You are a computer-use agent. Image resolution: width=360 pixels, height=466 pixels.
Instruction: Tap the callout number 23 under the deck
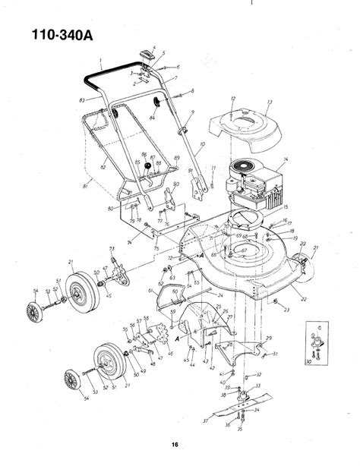(x=286, y=310)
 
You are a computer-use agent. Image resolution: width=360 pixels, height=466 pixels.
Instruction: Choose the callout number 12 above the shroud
(x=233, y=99)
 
